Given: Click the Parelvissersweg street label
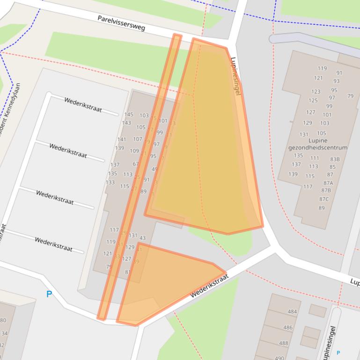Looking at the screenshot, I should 121,23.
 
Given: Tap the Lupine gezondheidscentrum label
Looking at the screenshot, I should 318,144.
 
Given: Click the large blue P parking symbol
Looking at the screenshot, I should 49,294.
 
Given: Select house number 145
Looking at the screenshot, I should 129,115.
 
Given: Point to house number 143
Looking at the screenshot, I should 126,123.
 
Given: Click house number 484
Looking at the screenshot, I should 292,312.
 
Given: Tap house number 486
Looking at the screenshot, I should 287,328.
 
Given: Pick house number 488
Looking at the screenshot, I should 284,343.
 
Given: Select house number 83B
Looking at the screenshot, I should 335,159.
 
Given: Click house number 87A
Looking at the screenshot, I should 328,183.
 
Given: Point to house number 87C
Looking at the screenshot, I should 324,199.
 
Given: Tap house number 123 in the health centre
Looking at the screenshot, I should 316,92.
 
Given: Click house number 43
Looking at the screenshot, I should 142,238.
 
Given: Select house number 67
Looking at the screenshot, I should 136,164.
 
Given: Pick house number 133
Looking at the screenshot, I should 110,182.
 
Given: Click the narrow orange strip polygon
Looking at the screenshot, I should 140,178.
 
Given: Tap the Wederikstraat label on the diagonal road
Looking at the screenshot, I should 209,287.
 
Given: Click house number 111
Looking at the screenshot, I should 315,158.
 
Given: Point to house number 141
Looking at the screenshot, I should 122,139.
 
